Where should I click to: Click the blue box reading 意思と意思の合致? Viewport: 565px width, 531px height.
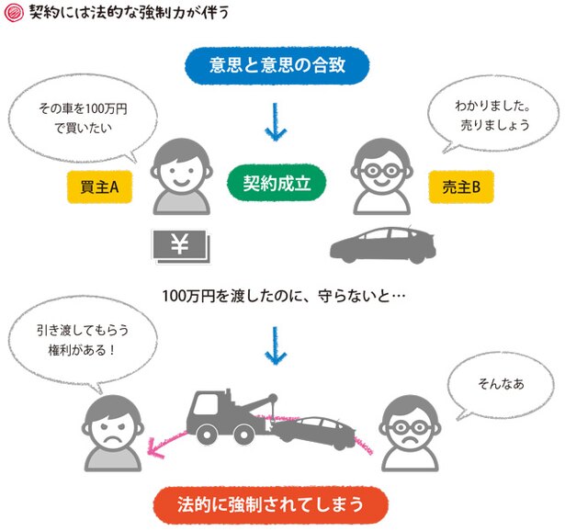277,65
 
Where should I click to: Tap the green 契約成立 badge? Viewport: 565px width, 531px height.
277,183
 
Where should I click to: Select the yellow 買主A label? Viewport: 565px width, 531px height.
99,187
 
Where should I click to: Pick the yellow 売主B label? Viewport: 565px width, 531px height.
461,187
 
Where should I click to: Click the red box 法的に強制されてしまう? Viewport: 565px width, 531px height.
271,504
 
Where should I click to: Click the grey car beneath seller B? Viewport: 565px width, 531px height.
383,244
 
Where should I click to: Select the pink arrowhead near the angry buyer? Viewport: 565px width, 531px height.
155,447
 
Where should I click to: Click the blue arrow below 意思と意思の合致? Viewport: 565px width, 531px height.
276,122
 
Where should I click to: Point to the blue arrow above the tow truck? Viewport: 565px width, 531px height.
276,345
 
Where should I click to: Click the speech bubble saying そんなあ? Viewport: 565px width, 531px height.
501,386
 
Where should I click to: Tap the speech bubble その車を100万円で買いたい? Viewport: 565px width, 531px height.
83,119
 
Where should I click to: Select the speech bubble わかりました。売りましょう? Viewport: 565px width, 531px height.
492,115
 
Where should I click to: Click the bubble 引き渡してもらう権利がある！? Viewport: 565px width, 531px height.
83,341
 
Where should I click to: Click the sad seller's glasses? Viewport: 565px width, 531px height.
410,427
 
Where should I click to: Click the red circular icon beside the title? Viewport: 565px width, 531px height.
14,13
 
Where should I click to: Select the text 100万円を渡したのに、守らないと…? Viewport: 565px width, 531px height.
284,296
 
